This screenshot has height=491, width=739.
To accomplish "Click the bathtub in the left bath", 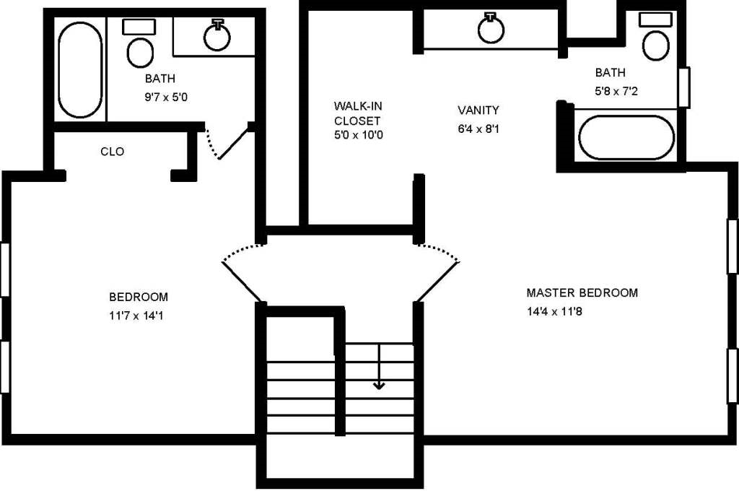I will (x=80, y=69).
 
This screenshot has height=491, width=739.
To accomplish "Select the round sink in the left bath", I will (x=217, y=36).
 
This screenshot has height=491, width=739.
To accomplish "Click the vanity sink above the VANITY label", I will (x=491, y=28).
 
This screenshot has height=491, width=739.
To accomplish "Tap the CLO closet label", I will (x=112, y=152).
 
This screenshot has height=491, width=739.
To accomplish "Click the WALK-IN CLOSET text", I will (x=357, y=113).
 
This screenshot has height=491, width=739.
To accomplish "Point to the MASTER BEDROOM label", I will (x=582, y=293).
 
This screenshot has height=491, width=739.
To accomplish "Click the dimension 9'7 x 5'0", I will (x=166, y=97).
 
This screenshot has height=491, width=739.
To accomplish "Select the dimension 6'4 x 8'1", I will (x=478, y=130).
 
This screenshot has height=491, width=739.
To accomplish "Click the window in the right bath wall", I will (x=685, y=87).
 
